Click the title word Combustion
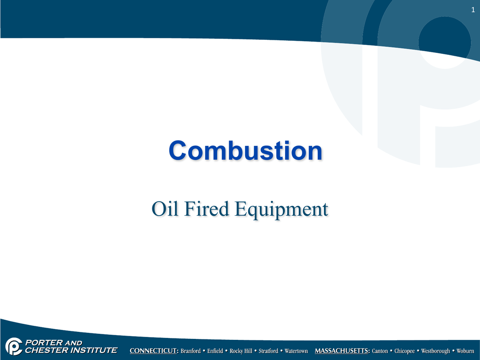[x=246, y=150]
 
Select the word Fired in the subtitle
[x=207, y=209]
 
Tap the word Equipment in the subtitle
[x=282, y=210]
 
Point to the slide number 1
[x=473, y=10]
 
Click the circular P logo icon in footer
[x=14, y=346]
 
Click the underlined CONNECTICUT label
[x=154, y=351]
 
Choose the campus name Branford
[x=190, y=351]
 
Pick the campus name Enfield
[x=215, y=351]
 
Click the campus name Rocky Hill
[x=241, y=351]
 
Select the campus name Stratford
[x=268, y=351]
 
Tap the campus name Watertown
[x=296, y=351]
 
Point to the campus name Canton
[x=380, y=351]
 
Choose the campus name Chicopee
[x=405, y=351]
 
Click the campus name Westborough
[x=435, y=351]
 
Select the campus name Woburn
[x=465, y=351]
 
